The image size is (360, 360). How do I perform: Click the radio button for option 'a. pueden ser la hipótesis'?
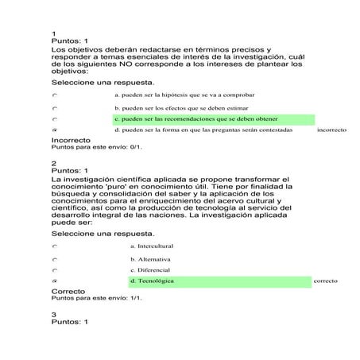tap(55, 95)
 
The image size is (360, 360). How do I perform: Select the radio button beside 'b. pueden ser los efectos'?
tap(55, 107)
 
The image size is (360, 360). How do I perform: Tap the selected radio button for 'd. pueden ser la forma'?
tap(55, 129)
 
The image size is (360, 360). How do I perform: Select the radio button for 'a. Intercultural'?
tap(55, 246)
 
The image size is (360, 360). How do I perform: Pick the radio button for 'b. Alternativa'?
tap(55, 259)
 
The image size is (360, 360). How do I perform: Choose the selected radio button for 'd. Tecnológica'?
tap(55, 281)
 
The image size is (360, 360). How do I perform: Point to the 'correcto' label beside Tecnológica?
tap(326, 281)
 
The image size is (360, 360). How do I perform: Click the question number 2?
tap(52, 163)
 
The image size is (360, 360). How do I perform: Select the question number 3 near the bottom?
tap(52, 314)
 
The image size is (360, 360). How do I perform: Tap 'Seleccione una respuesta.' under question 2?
tap(102, 234)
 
